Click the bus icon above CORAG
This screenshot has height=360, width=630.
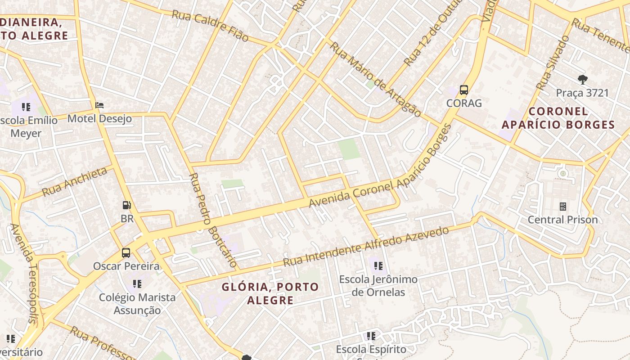pos(464,90)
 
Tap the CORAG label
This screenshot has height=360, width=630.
pos(464,103)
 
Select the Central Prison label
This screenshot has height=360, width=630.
pos(562,220)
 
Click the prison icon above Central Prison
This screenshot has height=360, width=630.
pos(562,207)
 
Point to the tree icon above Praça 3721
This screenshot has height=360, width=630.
pos(582,80)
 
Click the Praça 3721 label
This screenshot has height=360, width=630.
pos(582,93)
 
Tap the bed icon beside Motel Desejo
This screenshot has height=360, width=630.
pos(99,106)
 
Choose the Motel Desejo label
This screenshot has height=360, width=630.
pos(99,119)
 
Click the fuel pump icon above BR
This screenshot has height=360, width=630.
pos(127,206)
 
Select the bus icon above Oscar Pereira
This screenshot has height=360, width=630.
pos(126,253)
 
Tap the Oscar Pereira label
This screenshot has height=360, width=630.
pos(126,266)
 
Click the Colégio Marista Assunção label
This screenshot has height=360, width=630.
pos(137,304)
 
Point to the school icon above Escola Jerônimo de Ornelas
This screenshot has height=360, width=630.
pos(378,266)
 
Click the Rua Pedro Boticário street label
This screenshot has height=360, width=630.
pos(213,220)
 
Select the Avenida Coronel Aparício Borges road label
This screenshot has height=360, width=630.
pos(380,166)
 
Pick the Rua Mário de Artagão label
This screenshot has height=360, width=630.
pos(375,79)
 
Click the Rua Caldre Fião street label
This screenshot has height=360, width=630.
pos(210,26)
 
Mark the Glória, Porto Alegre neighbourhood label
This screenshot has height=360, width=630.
pos(270,293)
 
